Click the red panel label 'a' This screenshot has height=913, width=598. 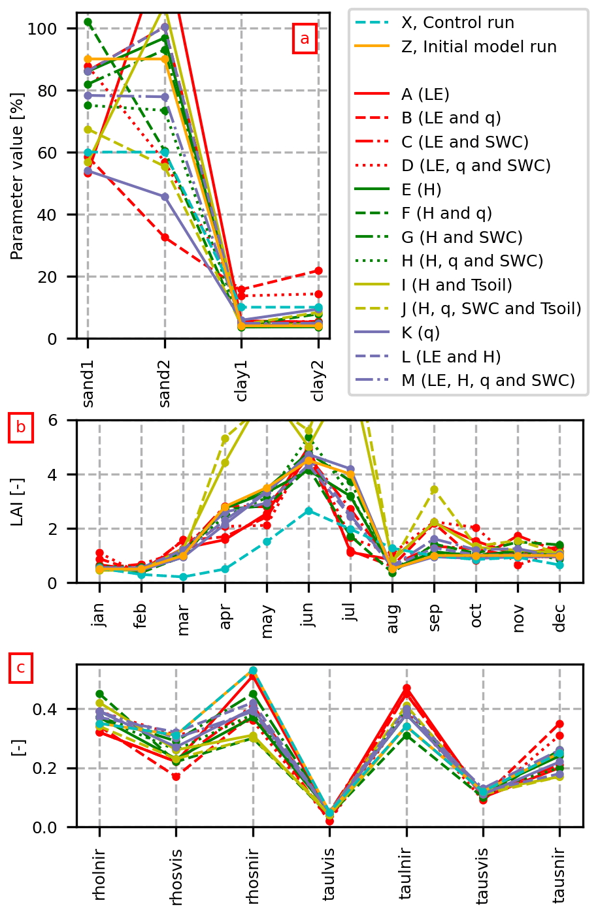(x=305, y=39)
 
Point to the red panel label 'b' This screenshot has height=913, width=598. (x=21, y=428)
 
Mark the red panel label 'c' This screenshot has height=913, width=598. (x=21, y=668)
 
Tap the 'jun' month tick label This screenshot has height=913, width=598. (x=308, y=615)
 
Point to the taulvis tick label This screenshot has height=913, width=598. (x=329, y=875)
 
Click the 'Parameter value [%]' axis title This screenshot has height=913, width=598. (x=18, y=176)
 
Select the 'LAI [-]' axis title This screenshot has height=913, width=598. (x=18, y=502)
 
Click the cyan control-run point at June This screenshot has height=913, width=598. (x=308, y=511)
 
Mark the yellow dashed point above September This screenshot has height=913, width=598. (x=434, y=489)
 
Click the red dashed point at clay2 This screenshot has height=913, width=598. (x=318, y=270)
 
